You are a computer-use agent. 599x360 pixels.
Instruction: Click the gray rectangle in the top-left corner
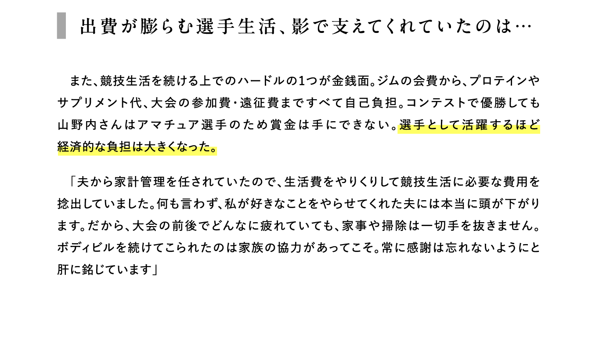61,25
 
